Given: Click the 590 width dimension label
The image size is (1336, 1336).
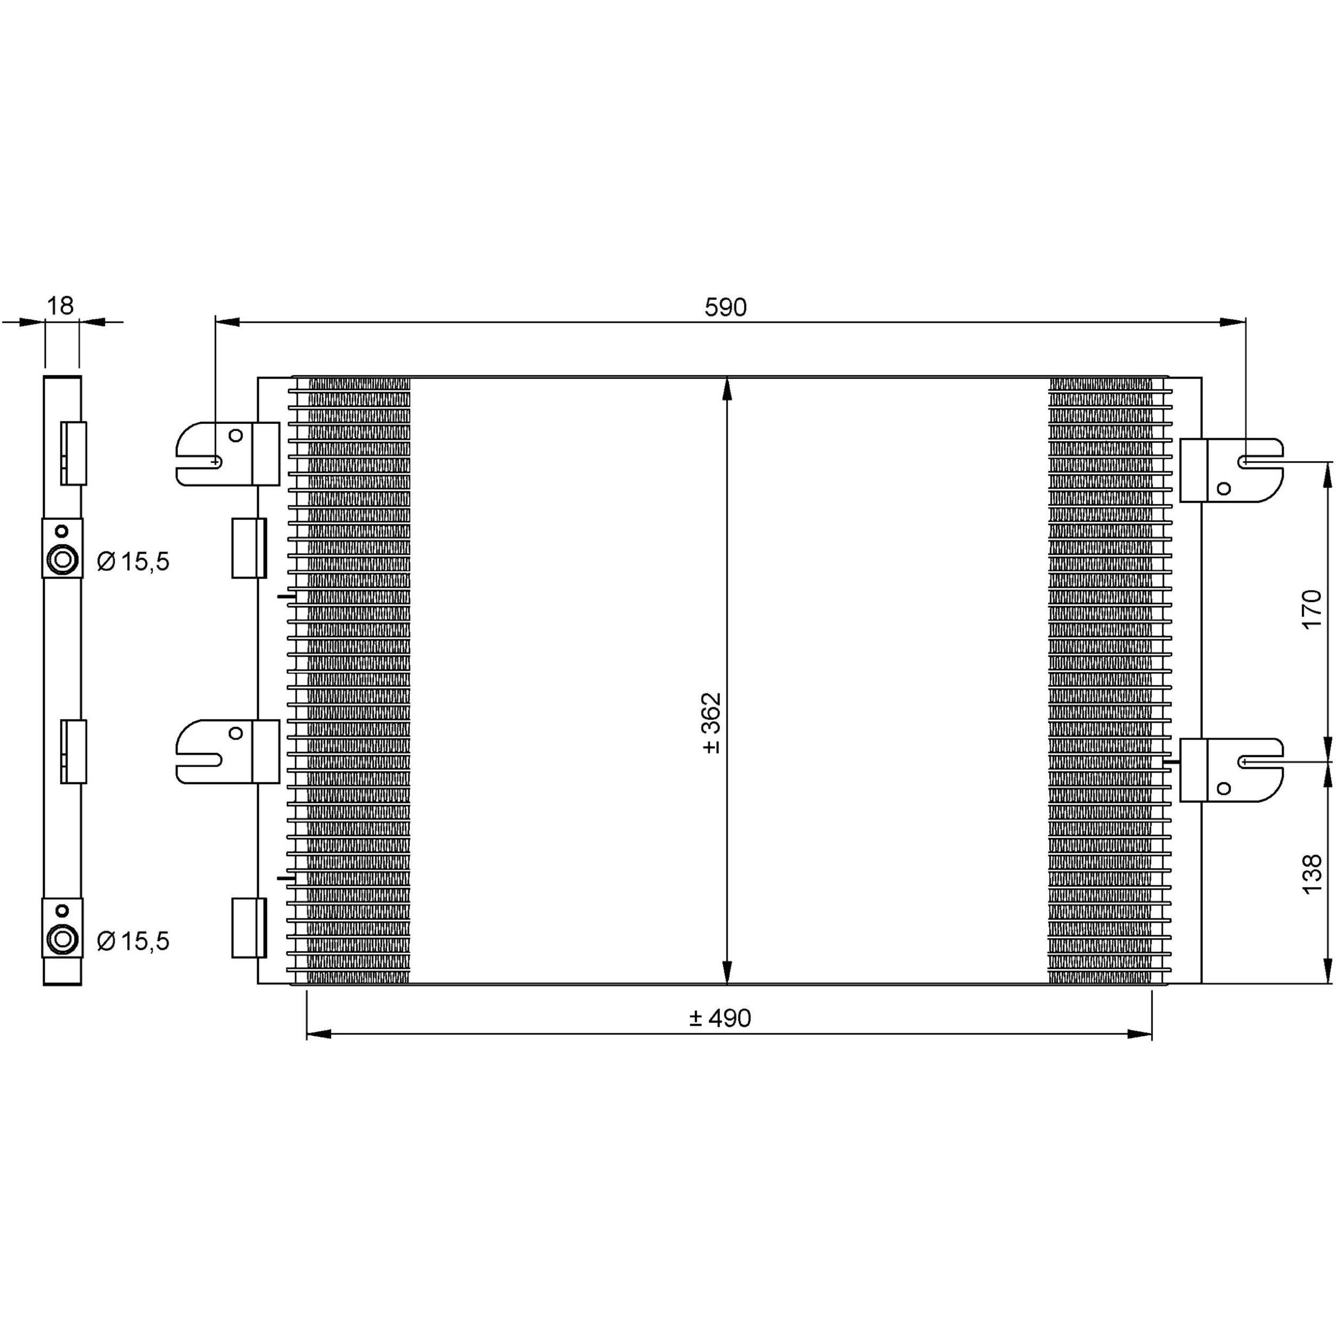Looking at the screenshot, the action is [725, 307].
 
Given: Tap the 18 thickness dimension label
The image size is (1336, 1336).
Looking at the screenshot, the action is [60, 306].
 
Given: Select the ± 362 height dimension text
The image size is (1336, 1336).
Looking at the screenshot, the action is [712, 722].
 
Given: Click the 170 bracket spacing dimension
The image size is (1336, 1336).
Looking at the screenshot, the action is [1312, 609].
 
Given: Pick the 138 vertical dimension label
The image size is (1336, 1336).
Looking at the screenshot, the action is [1312, 875].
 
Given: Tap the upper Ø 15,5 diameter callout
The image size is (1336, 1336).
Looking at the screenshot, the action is [133, 561].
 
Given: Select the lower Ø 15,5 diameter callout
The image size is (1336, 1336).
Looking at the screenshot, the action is [133, 940].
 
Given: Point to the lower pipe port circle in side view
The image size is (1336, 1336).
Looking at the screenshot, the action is [62, 940].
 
